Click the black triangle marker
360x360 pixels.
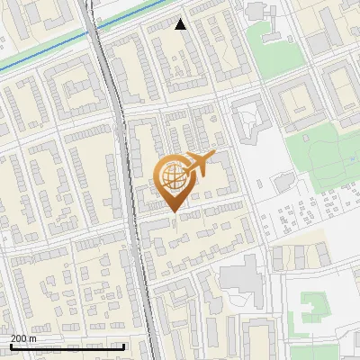[x=181, y=24]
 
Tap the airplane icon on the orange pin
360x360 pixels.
[x=198, y=164]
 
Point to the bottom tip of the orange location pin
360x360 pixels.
[x=173, y=212]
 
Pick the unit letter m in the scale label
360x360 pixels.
[x=32, y=338]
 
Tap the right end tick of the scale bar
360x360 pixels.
[x=123, y=346]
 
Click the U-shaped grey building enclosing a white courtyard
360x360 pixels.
[x=247, y=121]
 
